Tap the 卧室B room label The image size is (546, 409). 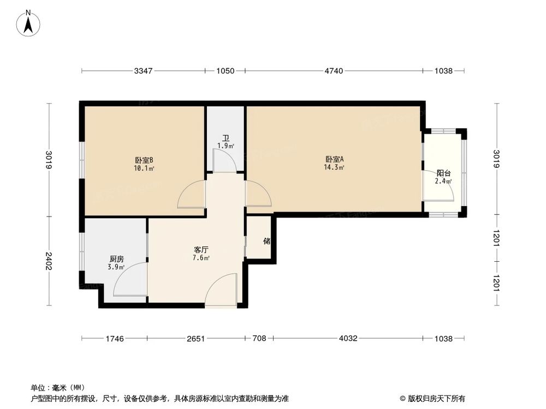tap(144, 160)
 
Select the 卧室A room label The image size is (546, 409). tap(334, 159)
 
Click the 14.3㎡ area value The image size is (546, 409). tap(334, 167)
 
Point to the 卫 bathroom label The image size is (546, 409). tap(225, 138)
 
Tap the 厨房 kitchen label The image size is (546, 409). tap(116, 259)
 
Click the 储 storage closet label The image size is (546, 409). tap(266, 240)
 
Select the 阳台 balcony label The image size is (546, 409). tap(443, 173)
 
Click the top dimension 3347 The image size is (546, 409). tap(144, 71)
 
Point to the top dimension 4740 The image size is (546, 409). tap(334, 71)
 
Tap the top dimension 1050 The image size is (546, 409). tap(225, 71)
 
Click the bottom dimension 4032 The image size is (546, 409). tap(348, 339)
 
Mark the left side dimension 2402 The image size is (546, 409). tap(49, 261)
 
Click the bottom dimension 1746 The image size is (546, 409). tap(114, 339)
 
